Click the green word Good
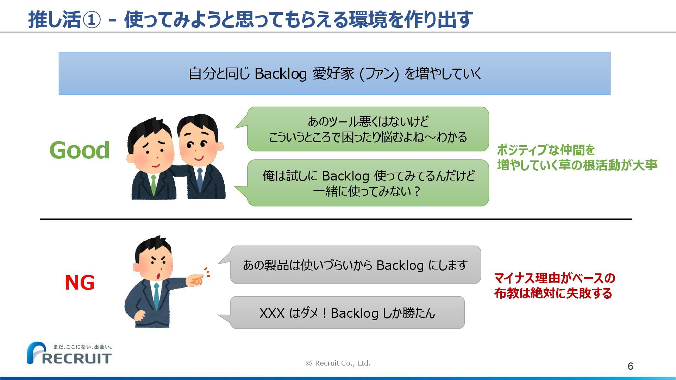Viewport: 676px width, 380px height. coord(80,150)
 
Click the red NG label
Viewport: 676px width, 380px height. coord(80,283)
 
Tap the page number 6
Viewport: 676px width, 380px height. coord(630,366)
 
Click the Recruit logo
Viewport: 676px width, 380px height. coord(69,353)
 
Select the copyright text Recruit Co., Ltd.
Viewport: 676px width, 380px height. coord(338,363)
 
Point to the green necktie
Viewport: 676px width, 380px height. coord(154,185)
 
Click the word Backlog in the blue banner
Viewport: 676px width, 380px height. coord(280,74)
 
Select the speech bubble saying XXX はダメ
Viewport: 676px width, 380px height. coord(347,313)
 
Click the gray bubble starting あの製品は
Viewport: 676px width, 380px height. coord(355,265)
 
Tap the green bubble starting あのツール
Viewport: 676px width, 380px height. coord(368,129)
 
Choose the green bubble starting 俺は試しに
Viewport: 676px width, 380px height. coord(368,183)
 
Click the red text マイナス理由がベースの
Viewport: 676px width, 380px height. coord(555,278)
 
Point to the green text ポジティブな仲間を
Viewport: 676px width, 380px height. coord(546,150)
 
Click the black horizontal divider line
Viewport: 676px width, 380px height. coord(336,219)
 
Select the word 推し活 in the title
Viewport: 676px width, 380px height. coord(55,20)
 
